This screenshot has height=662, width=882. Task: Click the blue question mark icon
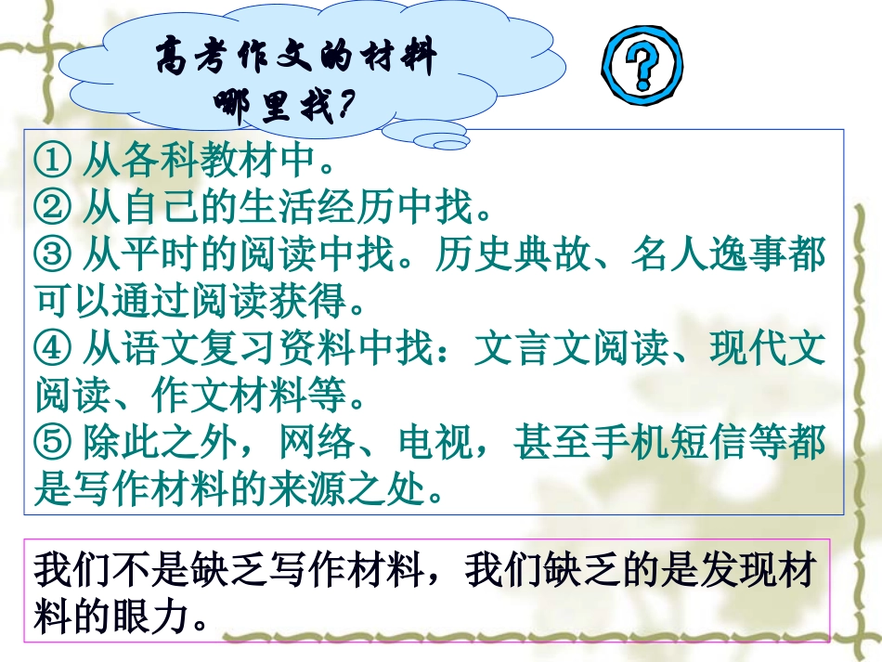pyautogui.click(x=642, y=68)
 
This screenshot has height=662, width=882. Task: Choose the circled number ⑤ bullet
pyautogui.click(x=52, y=444)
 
